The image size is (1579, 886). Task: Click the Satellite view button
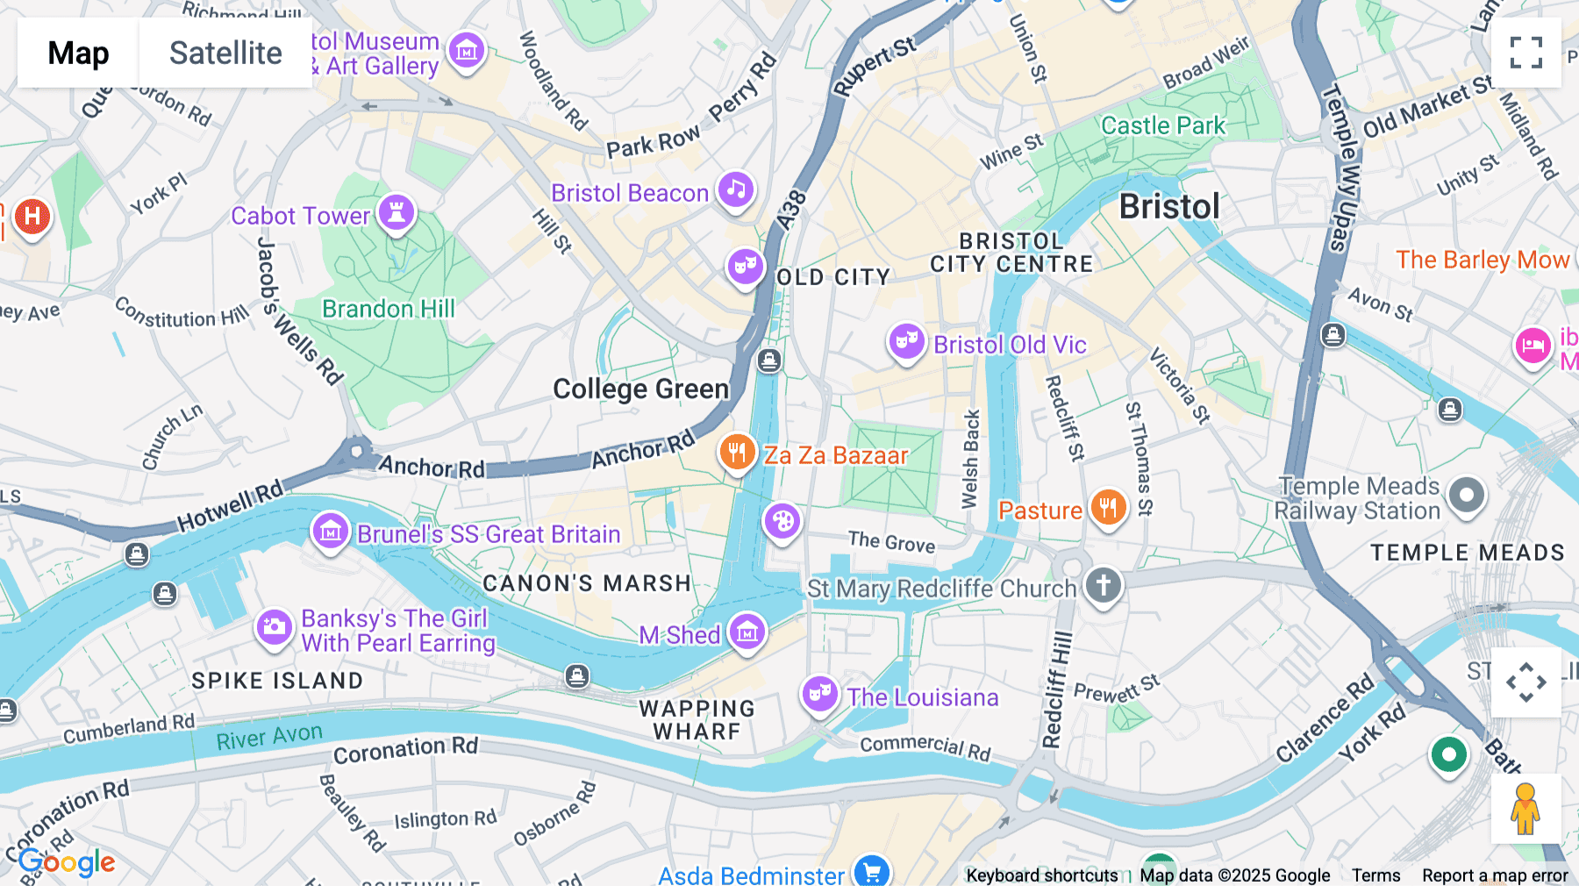[x=225, y=53]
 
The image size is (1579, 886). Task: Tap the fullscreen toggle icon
[x=1525, y=53]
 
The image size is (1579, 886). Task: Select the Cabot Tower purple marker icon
[x=397, y=212]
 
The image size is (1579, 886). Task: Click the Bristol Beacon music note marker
[x=736, y=189]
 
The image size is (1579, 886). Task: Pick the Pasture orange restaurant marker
[x=1108, y=507]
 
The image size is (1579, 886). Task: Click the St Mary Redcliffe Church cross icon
[x=1104, y=584]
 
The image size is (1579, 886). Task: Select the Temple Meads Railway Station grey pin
[x=1466, y=496]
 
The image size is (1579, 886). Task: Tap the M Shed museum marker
[x=747, y=631]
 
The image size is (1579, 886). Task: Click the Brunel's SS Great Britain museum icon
[x=331, y=531]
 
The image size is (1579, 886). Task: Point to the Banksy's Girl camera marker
[x=274, y=626]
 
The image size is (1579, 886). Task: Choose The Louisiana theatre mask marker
[x=819, y=694]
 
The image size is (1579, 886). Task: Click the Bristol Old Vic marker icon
[x=906, y=340]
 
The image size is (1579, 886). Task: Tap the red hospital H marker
[x=32, y=216]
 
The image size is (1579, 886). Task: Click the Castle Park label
[x=1162, y=125]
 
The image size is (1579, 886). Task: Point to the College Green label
[x=640, y=389]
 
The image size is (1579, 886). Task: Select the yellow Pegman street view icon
[x=1525, y=809]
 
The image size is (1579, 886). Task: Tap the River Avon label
[x=269, y=737]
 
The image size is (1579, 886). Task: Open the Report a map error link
[x=1494, y=875]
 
